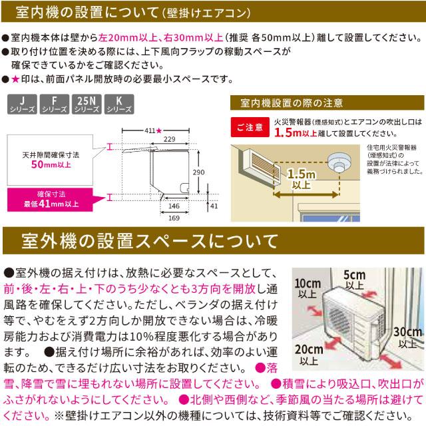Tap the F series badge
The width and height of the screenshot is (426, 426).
tap(51, 105)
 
